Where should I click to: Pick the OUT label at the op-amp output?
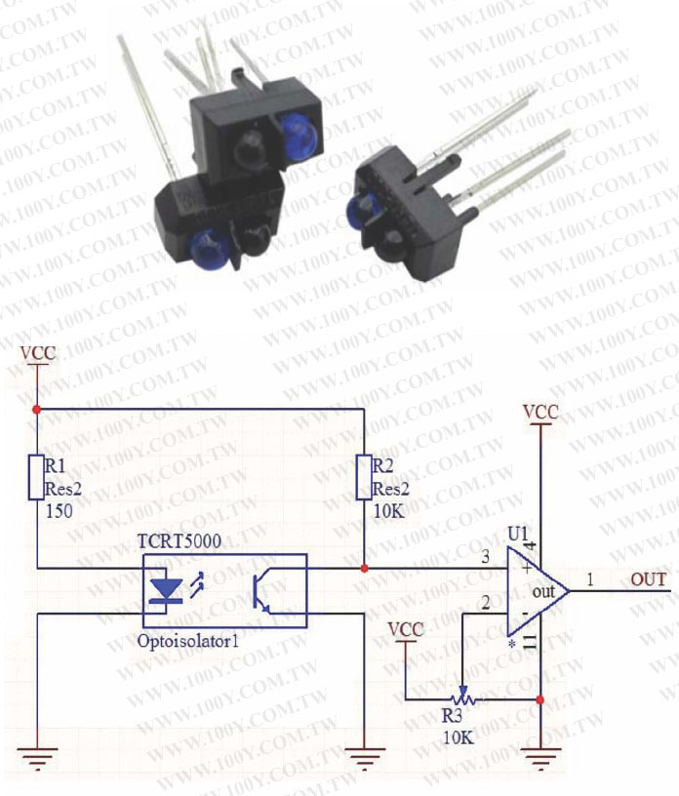point(649,580)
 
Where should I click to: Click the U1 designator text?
point(518,535)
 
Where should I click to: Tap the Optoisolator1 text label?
point(189,643)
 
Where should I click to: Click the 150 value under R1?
point(60,510)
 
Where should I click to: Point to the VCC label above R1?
point(38,352)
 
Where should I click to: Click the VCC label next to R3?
point(406,629)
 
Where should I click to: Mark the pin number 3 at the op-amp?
point(485,557)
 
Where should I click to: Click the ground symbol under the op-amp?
point(540,755)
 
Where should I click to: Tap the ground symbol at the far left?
point(36,755)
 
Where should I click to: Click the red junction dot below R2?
point(363,568)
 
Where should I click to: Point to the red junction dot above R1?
point(36,410)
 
